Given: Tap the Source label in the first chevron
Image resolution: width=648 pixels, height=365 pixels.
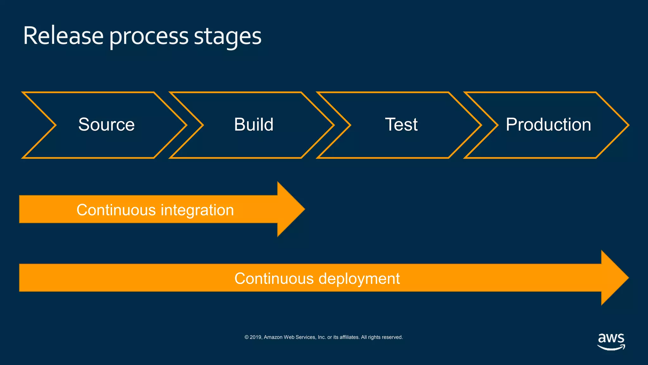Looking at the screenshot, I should point(106,125).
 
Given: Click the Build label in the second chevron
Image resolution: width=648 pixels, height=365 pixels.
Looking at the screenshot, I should point(253,125).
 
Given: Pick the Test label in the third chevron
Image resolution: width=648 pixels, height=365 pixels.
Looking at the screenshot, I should point(401,125).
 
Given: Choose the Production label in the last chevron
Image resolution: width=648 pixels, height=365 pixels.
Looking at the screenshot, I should point(548,125).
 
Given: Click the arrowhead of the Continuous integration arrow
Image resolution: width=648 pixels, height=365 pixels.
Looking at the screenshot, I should point(290,209).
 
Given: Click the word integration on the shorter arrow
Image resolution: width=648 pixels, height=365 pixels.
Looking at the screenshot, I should point(197,210).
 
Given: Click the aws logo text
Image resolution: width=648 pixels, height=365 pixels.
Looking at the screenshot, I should point(611,338).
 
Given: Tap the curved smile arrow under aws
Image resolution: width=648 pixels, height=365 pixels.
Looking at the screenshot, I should point(611,348).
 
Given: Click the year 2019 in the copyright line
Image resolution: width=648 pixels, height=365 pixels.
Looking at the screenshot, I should point(256,337).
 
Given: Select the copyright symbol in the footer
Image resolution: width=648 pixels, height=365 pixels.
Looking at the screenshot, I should point(246,337).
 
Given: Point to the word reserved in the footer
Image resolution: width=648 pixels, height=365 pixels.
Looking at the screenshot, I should point(392,337).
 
